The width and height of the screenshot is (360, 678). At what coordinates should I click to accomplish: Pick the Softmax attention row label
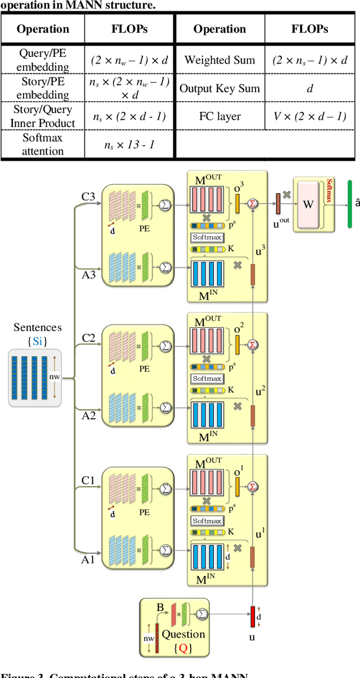pyautogui.click(x=43, y=144)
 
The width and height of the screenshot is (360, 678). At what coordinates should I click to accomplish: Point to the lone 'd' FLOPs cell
pyautogui.click(x=310, y=88)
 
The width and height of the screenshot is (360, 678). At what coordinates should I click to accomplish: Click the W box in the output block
pyautogui.click(x=308, y=204)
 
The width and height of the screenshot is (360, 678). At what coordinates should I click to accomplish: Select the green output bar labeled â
pyautogui.click(x=350, y=205)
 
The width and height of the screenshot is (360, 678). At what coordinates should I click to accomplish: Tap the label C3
pyautogui.click(x=88, y=197)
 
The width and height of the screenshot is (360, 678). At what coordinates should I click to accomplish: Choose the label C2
pyautogui.click(x=88, y=338)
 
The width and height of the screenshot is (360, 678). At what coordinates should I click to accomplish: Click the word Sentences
pyautogui.click(x=38, y=327)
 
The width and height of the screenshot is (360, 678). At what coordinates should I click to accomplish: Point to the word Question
pyautogui.click(x=183, y=634)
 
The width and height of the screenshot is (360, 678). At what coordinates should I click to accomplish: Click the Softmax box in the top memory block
pyautogui.click(x=207, y=237)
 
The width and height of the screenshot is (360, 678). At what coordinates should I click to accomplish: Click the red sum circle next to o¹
pyautogui.click(x=253, y=486)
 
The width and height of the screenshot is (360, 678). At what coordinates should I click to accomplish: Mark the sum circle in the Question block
pyautogui.click(x=202, y=614)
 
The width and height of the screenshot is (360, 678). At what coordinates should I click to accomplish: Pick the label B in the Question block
pyautogui.click(x=160, y=607)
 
